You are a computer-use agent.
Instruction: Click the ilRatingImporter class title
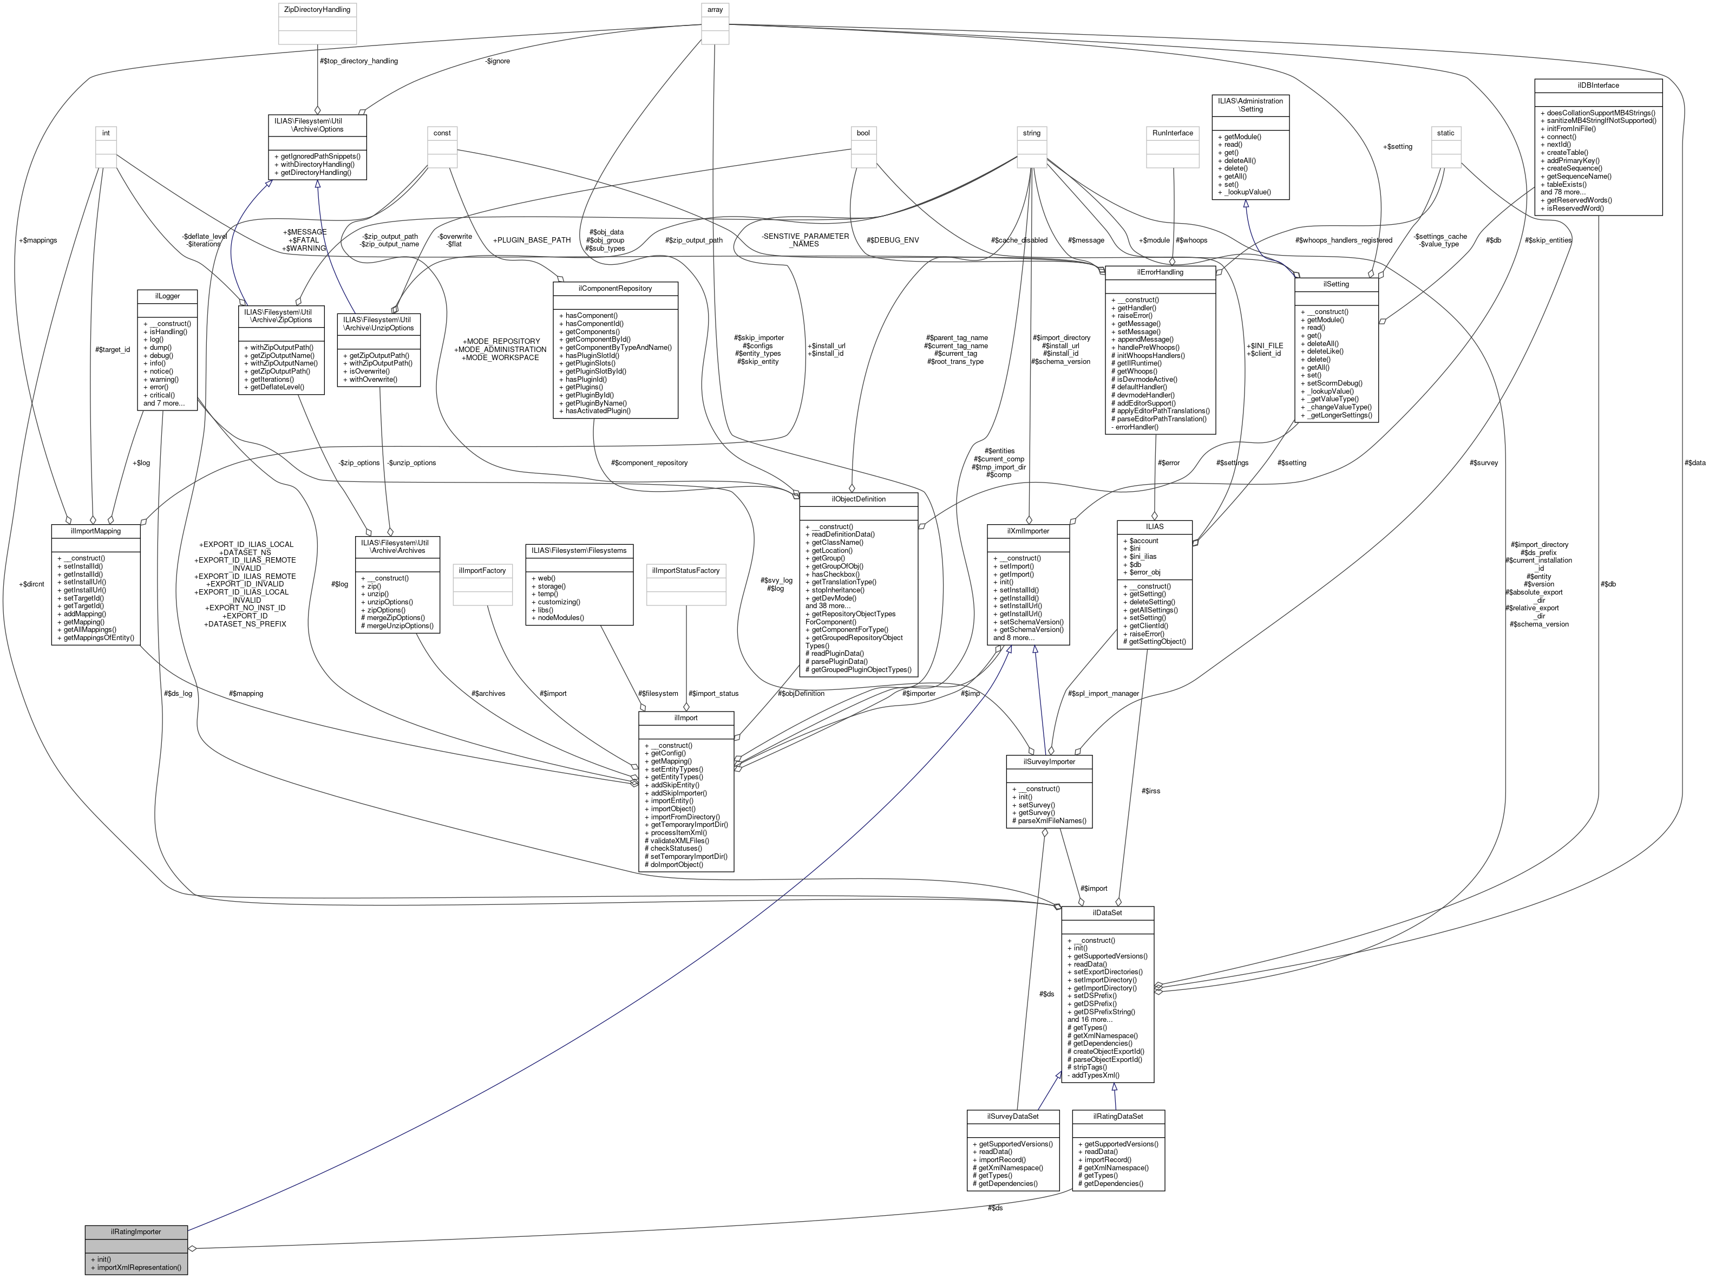pyautogui.click(x=136, y=1231)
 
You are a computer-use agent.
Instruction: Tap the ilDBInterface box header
pyautogui.click(x=1599, y=85)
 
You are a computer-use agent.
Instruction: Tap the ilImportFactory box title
pyautogui.click(x=482, y=570)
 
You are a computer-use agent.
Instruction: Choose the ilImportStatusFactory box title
pyautogui.click(x=686, y=570)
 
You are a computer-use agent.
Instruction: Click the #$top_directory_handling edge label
pyautogui.click(x=358, y=60)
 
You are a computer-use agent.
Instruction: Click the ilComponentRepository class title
pyautogui.click(x=615, y=288)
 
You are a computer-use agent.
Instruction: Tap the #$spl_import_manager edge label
pyautogui.click(x=1103, y=693)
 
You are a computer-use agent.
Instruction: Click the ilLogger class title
pyautogui.click(x=167, y=296)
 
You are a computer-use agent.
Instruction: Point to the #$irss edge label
pyautogui.click(x=1150, y=791)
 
